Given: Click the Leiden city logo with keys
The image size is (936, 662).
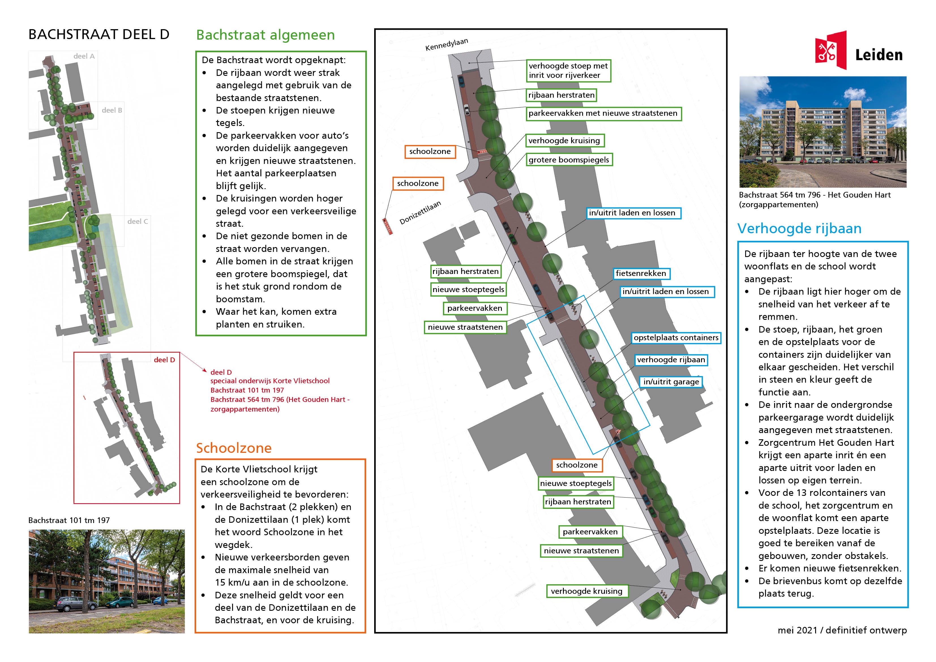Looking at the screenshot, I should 830,51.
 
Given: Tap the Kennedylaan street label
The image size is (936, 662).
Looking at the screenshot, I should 446,44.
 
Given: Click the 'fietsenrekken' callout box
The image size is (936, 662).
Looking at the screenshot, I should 641,273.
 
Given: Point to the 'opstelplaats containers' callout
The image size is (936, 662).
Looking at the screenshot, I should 676,338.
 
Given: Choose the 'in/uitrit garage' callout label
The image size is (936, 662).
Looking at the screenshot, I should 671,382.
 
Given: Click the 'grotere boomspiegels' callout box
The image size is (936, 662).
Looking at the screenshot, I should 568,160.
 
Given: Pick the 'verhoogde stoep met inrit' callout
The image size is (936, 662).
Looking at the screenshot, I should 568,70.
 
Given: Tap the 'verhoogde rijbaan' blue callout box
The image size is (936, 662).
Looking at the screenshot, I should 671,360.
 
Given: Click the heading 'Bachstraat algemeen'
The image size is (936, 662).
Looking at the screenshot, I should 265,35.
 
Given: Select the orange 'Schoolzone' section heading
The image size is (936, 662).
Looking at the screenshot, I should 234,448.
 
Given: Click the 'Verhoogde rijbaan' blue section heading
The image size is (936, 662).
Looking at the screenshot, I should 799,229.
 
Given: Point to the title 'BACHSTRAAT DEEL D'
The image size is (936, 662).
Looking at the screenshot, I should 99,35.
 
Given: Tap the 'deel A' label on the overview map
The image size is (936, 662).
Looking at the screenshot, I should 84,56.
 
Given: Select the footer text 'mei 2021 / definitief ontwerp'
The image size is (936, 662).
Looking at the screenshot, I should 842,630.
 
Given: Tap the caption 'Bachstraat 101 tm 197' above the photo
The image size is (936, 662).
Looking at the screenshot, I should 69,520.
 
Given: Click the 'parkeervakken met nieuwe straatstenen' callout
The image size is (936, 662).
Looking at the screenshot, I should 603,113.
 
